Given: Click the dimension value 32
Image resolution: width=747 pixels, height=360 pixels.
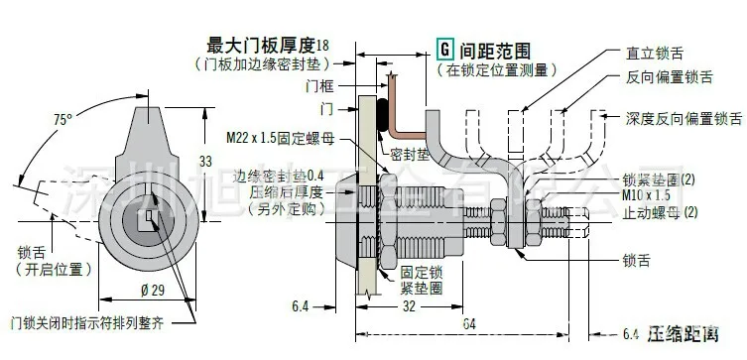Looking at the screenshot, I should (x=408, y=308).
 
